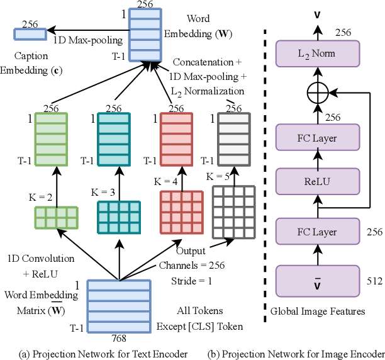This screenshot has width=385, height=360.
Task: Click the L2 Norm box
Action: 317,53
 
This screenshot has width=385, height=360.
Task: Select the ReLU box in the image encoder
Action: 317,182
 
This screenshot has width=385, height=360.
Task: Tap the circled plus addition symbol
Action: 317,94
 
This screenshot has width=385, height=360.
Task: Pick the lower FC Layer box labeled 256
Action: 317,232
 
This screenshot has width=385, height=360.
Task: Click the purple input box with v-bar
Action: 317,281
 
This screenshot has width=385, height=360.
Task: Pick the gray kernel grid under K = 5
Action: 233,210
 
